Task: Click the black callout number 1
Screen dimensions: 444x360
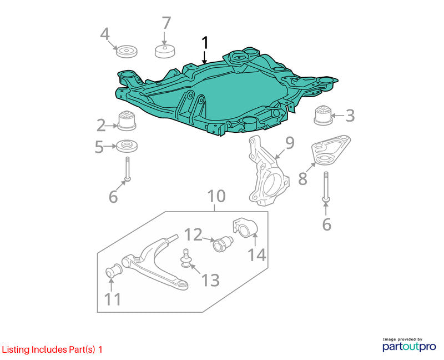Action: point(205,43)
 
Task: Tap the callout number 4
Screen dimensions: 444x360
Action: point(105,34)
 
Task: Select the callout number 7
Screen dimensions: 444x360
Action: point(166,23)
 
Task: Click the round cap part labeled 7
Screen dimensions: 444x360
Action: point(165,51)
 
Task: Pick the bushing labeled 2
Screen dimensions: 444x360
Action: point(127,121)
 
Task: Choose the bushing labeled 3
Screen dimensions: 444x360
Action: point(324,115)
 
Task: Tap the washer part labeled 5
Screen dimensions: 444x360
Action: point(127,146)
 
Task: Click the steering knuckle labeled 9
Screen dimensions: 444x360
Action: point(268,171)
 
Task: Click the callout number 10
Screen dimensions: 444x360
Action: point(216,196)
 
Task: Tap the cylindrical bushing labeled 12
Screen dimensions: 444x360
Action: point(223,244)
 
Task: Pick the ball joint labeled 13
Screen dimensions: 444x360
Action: point(186,258)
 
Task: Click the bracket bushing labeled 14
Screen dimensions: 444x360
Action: point(245,228)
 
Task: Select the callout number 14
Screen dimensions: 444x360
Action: point(257,255)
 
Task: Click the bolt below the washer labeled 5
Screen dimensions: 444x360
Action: point(128,169)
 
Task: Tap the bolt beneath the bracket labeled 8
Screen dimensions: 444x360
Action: point(326,187)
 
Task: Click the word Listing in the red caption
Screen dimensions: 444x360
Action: point(16,350)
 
